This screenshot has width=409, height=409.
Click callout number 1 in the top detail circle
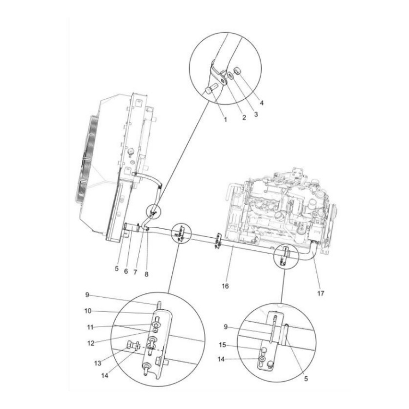coord(225,119)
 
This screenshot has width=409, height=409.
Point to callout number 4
coord(262,102)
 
